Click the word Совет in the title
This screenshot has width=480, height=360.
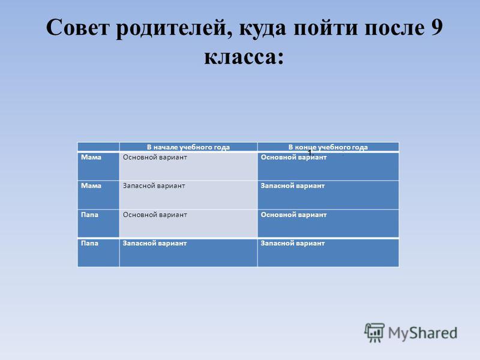click(x=78, y=28)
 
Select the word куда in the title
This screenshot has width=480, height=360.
click(x=262, y=29)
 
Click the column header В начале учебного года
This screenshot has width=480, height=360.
click(x=188, y=147)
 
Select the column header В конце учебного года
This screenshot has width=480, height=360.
click(x=328, y=147)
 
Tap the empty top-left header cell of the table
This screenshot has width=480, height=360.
click(x=98, y=147)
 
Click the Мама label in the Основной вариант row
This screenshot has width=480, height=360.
click(x=91, y=157)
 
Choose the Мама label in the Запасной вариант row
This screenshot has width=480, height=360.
click(x=91, y=186)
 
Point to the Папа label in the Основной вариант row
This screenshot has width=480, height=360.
click(x=89, y=215)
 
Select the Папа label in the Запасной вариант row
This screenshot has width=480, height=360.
click(x=89, y=244)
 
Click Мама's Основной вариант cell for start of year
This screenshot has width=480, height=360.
click(x=188, y=166)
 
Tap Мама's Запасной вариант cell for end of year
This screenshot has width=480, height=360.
click(x=328, y=195)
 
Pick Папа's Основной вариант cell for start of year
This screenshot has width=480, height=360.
click(x=188, y=223)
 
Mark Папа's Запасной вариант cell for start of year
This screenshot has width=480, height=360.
click(x=188, y=253)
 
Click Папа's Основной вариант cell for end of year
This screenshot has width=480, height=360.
click(x=328, y=223)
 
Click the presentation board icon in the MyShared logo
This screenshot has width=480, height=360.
click(x=374, y=332)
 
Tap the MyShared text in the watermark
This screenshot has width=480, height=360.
click(x=422, y=333)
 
